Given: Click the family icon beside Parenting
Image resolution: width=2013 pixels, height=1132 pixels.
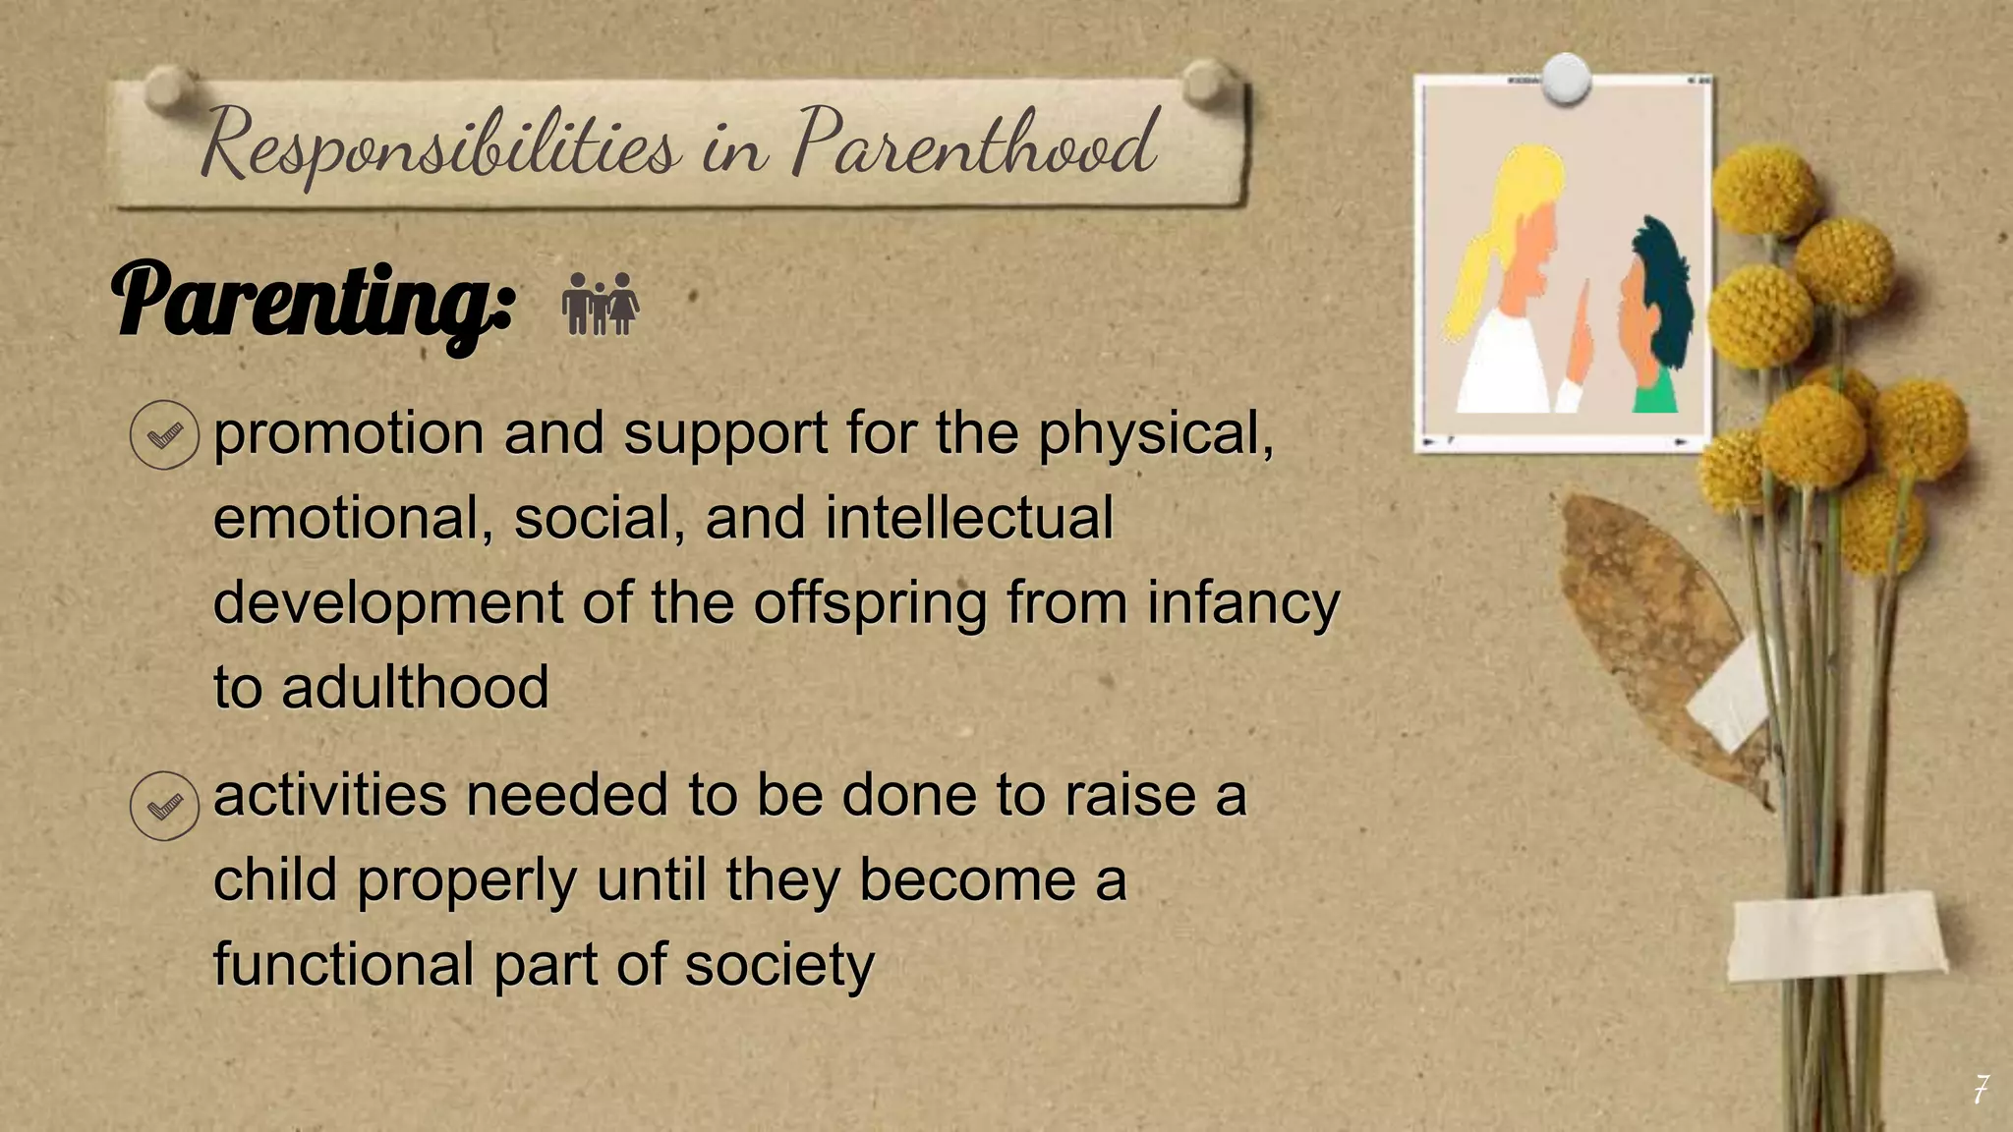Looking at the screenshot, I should point(601,304).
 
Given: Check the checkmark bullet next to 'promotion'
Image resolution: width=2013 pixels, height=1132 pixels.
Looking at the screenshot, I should point(164,434).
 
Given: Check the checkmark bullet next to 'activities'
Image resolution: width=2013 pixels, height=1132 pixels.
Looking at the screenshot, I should point(164,806).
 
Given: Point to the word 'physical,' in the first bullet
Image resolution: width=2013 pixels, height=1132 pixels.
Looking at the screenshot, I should point(1156,434).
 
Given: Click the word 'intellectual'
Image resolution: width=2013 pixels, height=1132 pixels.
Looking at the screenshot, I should point(968,518).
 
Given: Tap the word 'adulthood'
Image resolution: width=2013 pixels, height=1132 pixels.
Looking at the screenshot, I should point(415,687).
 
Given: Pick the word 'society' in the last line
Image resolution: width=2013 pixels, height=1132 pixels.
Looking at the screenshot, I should point(778,965).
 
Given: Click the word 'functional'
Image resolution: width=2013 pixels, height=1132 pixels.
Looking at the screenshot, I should point(344,965).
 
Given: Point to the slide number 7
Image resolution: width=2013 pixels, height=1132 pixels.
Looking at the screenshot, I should point(1981,1089).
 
